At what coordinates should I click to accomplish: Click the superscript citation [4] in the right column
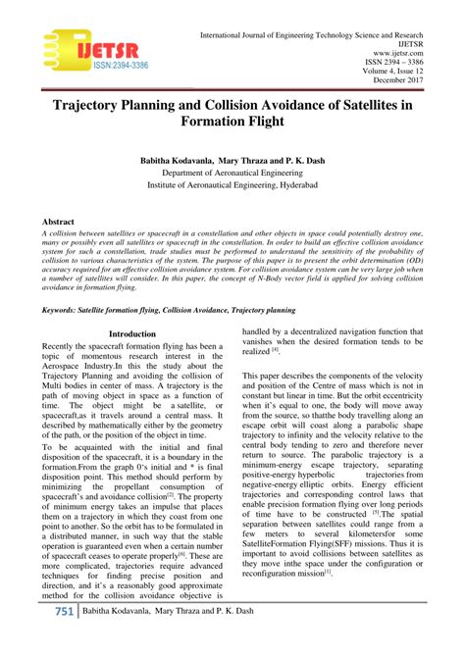(x=277, y=349)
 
